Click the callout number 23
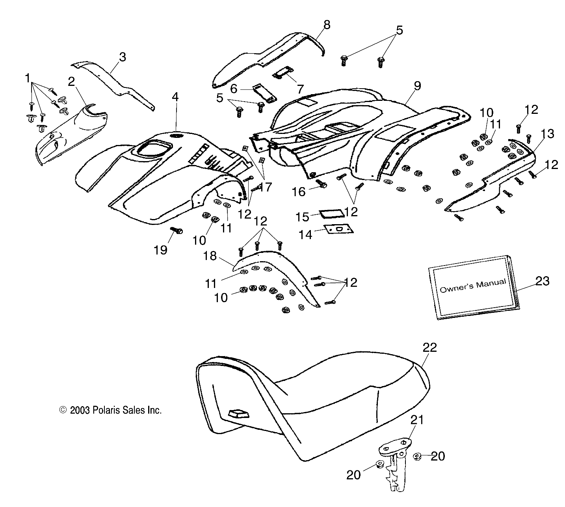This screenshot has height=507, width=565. pyautogui.click(x=542, y=281)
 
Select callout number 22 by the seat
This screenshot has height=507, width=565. pyautogui.click(x=429, y=347)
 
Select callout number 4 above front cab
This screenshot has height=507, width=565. pyautogui.click(x=175, y=97)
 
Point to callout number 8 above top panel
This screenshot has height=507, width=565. pyautogui.click(x=327, y=25)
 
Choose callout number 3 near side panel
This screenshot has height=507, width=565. pyautogui.click(x=123, y=57)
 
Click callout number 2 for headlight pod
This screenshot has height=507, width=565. pyautogui.click(x=71, y=82)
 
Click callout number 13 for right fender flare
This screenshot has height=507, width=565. pyautogui.click(x=547, y=134)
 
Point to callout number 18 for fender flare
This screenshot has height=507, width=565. pyautogui.click(x=210, y=256)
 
